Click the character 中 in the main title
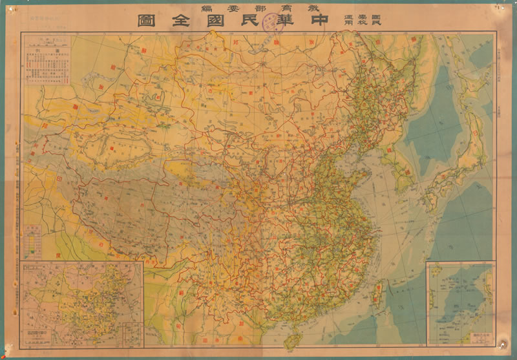[339, 21]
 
